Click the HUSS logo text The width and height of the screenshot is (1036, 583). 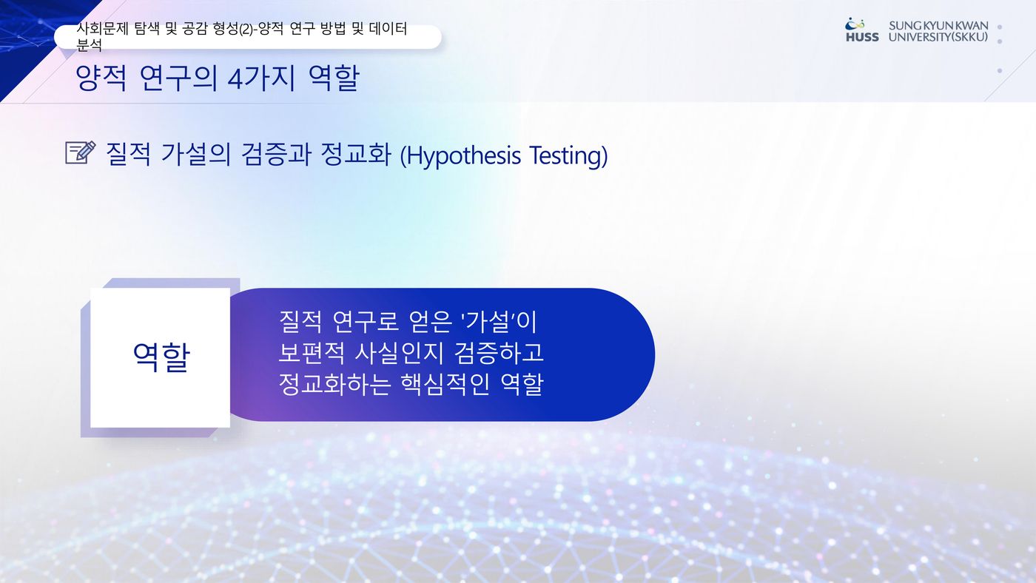tap(862, 37)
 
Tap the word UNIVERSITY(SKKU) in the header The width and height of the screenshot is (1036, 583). tap(938, 37)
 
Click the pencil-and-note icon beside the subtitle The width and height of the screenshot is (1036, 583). tap(81, 152)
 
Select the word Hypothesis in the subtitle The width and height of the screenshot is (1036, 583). tap(464, 155)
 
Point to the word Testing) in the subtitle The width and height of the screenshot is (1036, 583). tap(568, 155)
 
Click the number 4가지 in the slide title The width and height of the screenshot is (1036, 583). tap(261, 78)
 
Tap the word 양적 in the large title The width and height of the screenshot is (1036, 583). tap(101, 78)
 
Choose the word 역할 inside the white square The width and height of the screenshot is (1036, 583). tap(161, 357)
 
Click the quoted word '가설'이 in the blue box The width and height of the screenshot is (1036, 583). tap(499, 322)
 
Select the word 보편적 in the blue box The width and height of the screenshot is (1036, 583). tap(312, 353)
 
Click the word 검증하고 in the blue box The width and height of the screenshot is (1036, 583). tap(499, 353)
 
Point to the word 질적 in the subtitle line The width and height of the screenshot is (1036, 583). tap(128, 155)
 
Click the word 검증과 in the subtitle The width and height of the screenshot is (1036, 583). tap(276, 155)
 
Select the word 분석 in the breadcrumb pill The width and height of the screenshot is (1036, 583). tap(89, 45)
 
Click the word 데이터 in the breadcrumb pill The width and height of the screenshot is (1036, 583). tap(388, 29)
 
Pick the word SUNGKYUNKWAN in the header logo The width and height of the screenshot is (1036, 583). tap(938, 25)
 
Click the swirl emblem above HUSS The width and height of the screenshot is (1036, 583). tap(855, 24)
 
